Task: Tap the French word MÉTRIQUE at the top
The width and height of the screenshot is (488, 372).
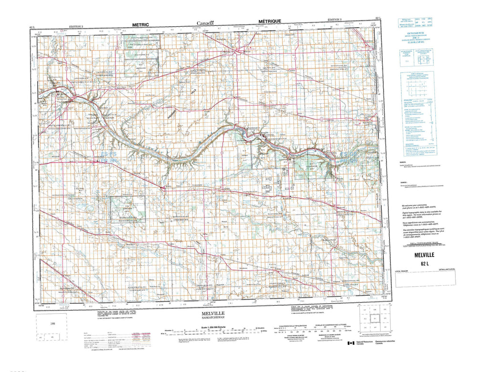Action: [x=269, y=21]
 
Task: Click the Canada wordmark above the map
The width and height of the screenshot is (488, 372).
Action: [x=205, y=22]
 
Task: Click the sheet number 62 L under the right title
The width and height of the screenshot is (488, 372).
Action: [x=425, y=264]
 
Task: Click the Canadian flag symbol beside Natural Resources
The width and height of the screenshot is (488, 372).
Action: [x=351, y=343]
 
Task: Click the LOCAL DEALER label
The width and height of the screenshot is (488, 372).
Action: [x=403, y=271]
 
